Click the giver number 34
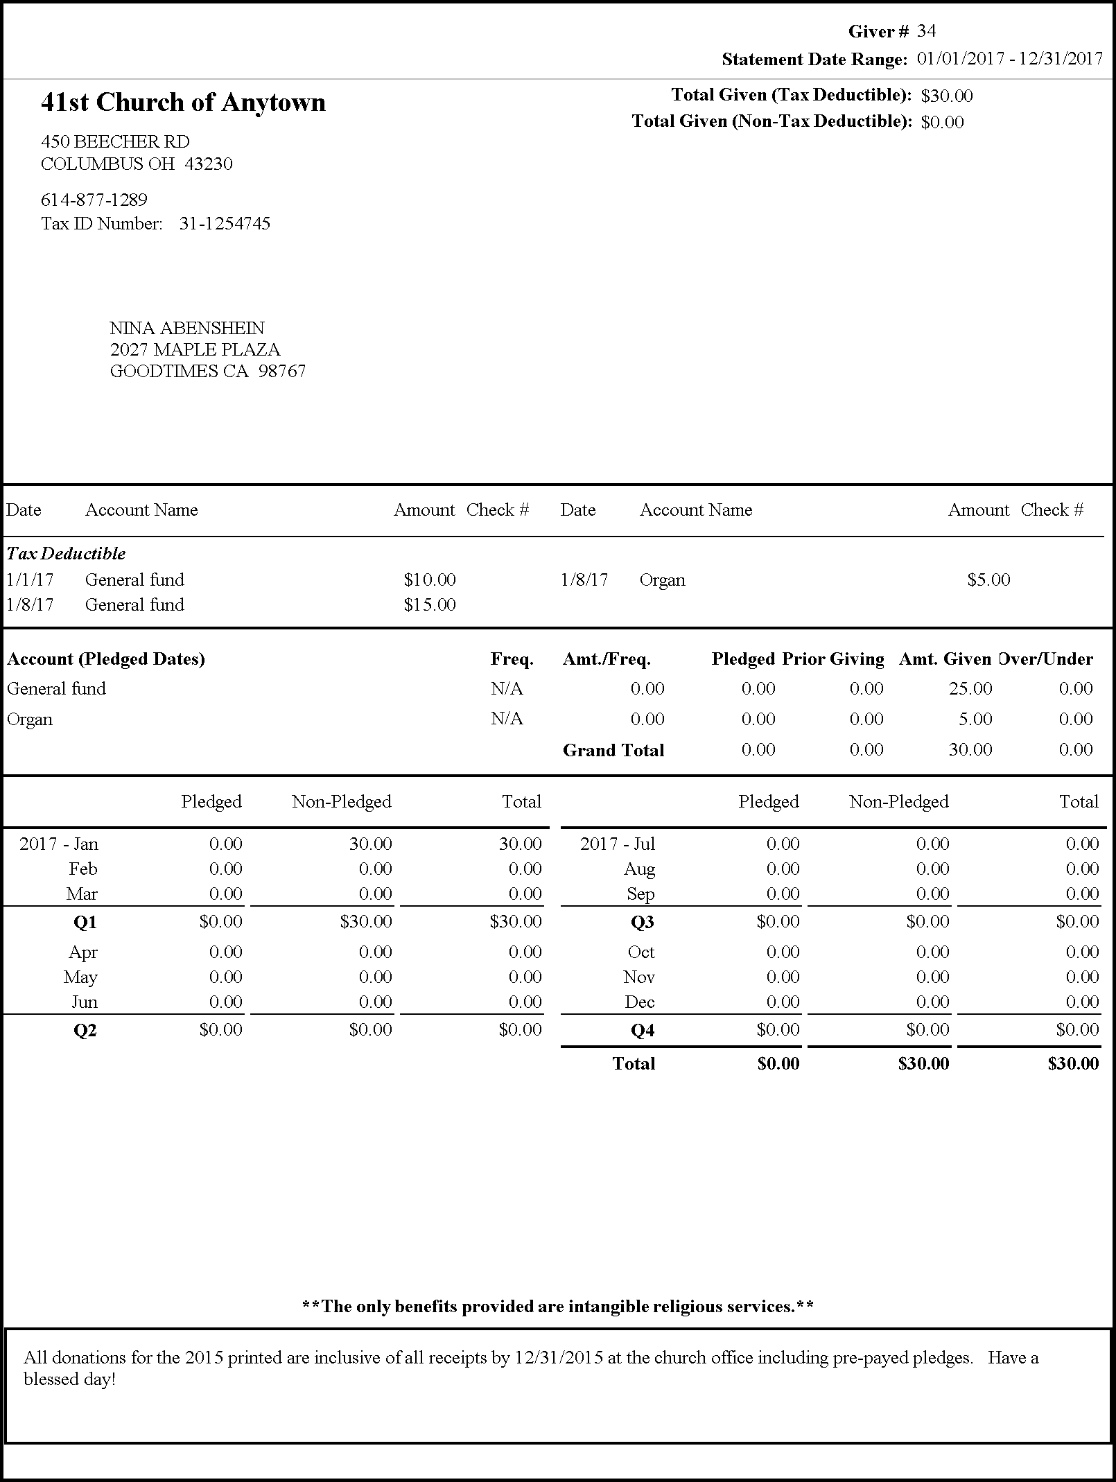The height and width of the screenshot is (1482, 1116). (927, 31)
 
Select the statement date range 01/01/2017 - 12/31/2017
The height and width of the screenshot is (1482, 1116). (1010, 59)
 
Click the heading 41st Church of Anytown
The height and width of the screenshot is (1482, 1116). (183, 103)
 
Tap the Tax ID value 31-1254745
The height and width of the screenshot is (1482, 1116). (225, 223)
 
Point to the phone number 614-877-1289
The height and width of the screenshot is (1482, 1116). (94, 200)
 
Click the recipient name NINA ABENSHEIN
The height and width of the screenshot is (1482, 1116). (187, 328)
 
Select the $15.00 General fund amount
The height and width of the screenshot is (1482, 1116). (430, 604)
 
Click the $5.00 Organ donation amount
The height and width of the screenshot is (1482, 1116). (988, 579)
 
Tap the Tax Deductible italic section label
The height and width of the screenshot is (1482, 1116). (67, 553)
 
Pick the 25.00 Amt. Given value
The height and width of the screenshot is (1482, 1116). (970, 688)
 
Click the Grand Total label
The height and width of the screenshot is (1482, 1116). (613, 750)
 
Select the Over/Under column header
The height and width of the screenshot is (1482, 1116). (1047, 659)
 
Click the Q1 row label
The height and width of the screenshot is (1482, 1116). (85, 922)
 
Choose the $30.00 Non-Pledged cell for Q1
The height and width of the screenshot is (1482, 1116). (366, 921)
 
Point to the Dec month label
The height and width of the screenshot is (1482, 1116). (639, 1002)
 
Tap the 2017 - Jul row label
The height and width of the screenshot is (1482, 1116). (618, 844)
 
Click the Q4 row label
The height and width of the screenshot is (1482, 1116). (643, 1030)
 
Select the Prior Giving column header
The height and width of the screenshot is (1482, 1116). (833, 659)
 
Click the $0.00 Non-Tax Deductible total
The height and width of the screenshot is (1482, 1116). (943, 122)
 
